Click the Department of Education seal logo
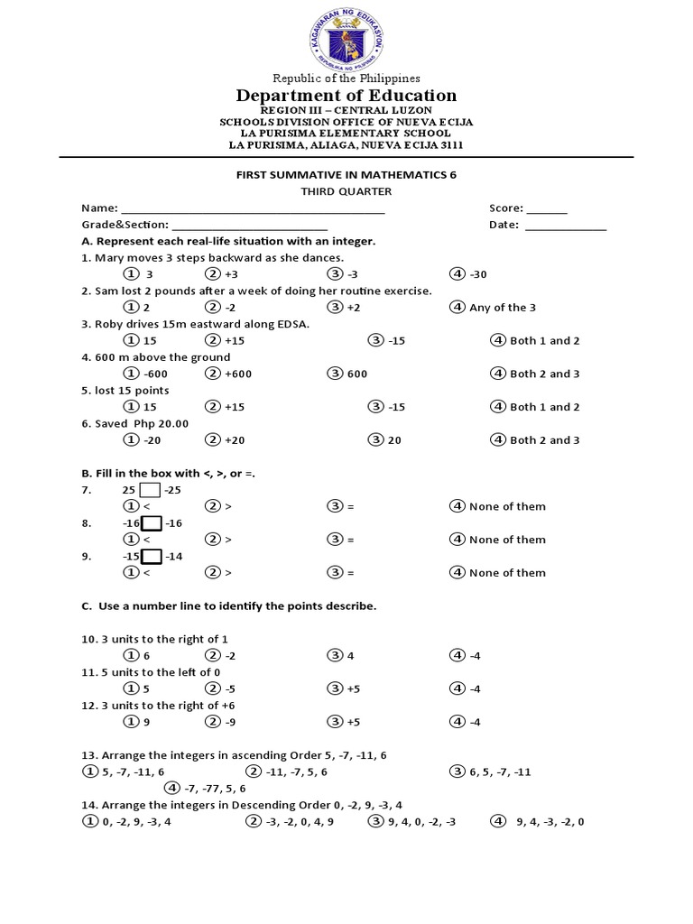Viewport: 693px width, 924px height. [346, 38]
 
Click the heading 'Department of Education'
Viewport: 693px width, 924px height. [346, 96]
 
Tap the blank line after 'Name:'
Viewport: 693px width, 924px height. [252, 208]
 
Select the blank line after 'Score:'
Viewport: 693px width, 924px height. [548, 208]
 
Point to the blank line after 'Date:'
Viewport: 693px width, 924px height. [566, 226]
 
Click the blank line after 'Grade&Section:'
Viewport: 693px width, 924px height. [249, 226]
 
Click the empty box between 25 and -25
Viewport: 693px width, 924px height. [151, 490]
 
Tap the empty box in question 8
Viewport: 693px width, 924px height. [152, 523]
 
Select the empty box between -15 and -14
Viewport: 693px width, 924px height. [152, 556]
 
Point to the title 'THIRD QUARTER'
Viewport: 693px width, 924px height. [346, 191]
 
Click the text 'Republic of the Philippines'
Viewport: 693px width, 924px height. [346, 79]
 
